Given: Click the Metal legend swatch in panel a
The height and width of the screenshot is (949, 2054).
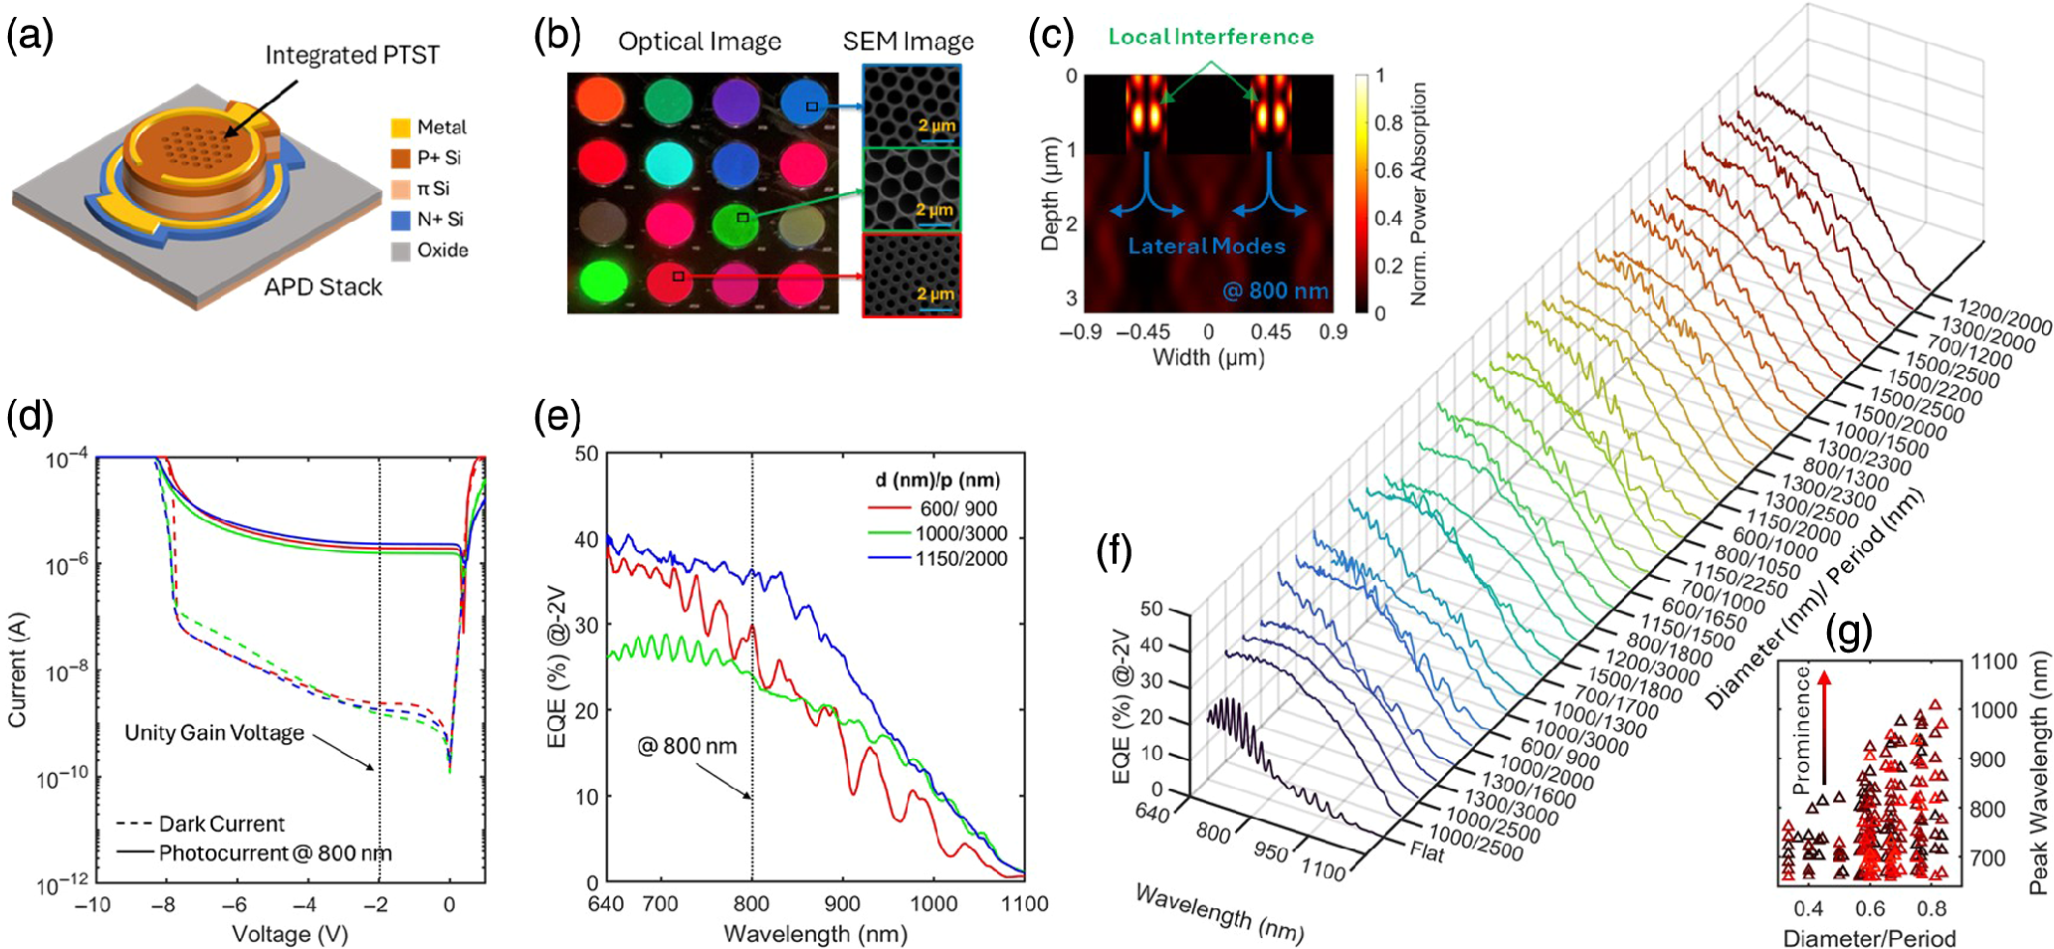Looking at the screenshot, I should [x=400, y=127].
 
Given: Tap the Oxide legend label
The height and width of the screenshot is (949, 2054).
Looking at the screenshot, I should [x=442, y=251].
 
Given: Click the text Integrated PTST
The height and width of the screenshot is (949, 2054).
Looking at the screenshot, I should [x=351, y=55].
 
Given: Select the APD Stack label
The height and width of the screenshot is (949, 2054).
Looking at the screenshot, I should [x=322, y=287].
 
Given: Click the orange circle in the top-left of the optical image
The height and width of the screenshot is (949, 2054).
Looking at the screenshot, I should [x=600, y=99].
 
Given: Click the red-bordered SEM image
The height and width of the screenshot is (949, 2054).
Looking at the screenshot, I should [x=912, y=275].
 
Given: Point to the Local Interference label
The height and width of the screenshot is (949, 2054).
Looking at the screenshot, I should [x=1210, y=37].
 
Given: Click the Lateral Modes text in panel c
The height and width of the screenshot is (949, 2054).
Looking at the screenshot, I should [x=1206, y=246].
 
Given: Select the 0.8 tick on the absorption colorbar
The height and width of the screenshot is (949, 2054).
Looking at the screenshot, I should [x=1388, y=123].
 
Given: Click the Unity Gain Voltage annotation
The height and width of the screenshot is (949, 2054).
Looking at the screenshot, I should [x=214, y=733].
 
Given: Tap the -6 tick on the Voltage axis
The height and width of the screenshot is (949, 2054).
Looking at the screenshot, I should [x=233, y=905].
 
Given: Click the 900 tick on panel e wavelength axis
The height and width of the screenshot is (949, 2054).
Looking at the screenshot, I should [x=842, y=904].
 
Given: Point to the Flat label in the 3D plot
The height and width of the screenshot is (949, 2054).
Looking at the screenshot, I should [x=1426, y=853].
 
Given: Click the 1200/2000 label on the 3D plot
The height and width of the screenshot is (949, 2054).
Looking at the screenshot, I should [x=2004, y=316].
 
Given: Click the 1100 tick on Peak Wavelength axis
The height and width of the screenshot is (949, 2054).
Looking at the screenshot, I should [x=1993, y=663].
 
